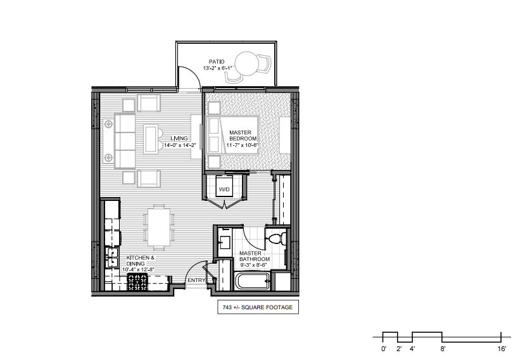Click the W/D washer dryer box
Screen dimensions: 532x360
[224, 189]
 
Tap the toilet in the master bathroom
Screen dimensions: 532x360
[276, 238]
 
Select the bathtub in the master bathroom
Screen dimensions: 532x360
[253, 281]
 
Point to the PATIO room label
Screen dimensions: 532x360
[217, 62]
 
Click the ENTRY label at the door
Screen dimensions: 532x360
[196, 280]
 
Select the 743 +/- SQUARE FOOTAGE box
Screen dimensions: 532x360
[258, 307]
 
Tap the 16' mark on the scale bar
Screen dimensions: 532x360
[502, 349]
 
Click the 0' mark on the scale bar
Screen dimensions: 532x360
[384, 349]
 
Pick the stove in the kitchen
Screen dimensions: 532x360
[137, 282]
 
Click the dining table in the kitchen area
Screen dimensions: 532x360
[159, 227]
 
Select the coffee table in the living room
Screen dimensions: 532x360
[151, 139]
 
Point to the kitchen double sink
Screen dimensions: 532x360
[112, 257]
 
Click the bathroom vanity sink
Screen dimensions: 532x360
[224, 243]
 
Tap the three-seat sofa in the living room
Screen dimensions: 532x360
[125, 141]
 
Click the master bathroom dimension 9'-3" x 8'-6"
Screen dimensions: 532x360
[254, 265]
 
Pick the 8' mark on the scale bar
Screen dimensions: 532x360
[443, 349]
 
